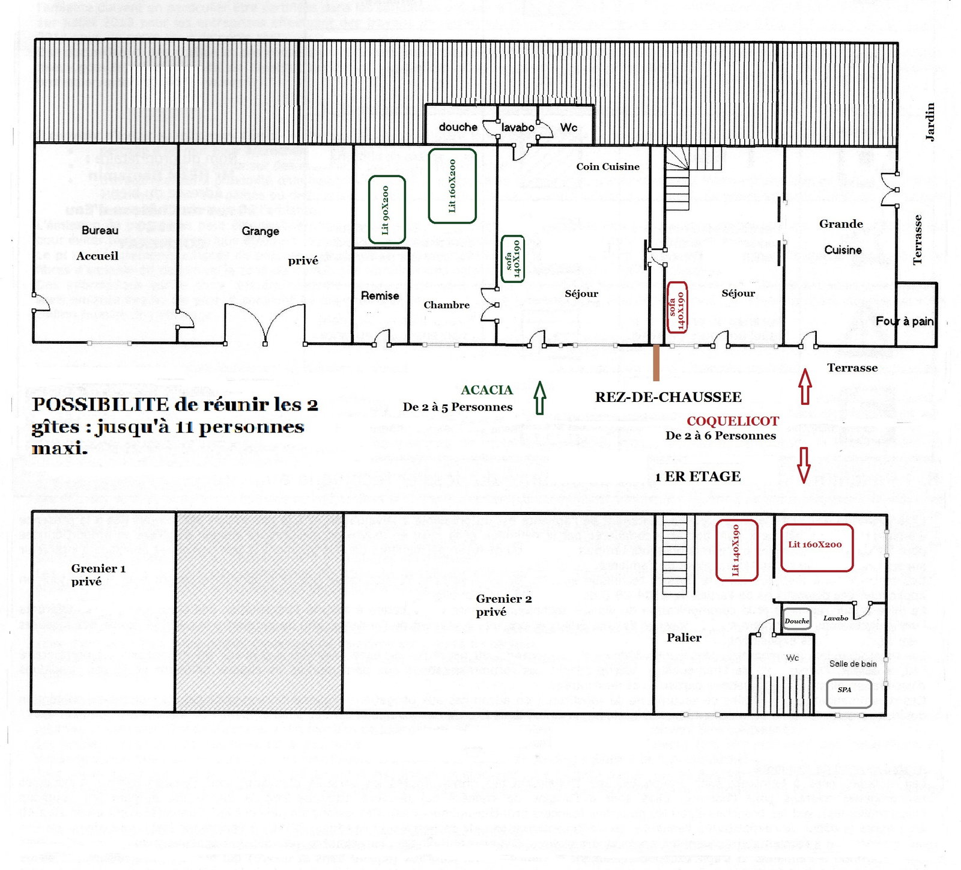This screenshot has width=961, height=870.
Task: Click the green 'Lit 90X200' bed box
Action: click(x=386, y=210)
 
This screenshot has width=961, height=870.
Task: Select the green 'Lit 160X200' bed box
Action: click(x=452, y=186)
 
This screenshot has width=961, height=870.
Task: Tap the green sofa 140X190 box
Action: click(x=512, y=259)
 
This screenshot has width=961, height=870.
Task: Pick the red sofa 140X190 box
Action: click(x=677, y=307)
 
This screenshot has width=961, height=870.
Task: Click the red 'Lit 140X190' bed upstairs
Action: click(x=736, y=550)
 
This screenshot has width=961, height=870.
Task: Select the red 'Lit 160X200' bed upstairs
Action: click(x=816, y=547)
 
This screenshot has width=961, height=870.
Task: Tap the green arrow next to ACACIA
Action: click(x=539, y=398)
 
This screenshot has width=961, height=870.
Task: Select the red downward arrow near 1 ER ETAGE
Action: click(x=804, y=464)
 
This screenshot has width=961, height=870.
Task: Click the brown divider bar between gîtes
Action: click(x=656, y=362)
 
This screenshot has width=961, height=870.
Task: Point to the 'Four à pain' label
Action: click(x=904, y=321)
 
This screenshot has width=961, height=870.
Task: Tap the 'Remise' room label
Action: click(x=380, y=296)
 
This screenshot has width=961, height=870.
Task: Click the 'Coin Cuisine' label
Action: click(x=607, y=167)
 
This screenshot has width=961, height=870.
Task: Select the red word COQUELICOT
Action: click(x=732, y=421)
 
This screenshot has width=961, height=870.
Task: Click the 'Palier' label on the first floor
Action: click(x=684, y=637)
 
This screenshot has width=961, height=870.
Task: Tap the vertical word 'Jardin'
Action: click(x=930, y=122)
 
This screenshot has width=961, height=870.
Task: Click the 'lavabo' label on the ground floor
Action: click(x=518, y=127)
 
